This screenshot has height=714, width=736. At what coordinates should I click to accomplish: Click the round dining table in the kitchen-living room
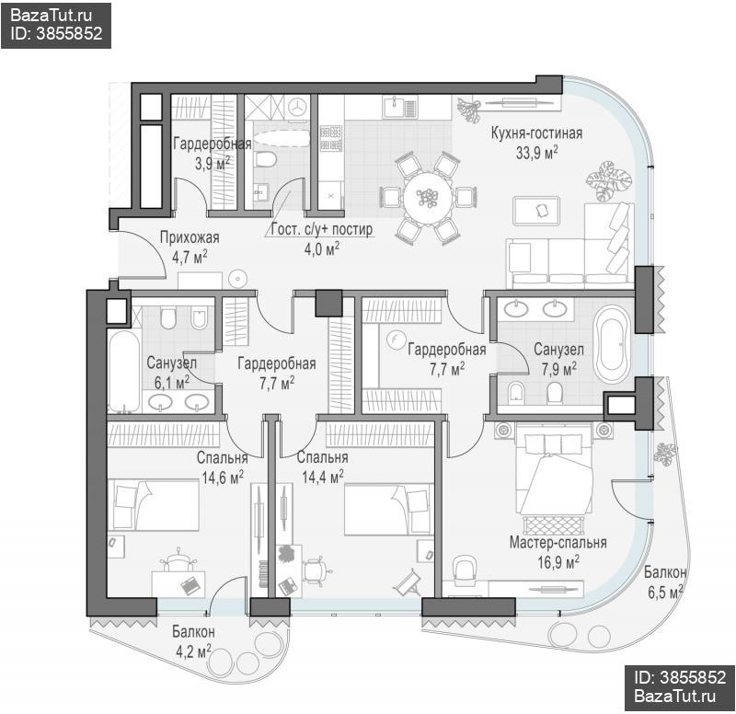click(428, 197)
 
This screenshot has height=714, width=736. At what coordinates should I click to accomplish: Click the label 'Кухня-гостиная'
click(536, 133)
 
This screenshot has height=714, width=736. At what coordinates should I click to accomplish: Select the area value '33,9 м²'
click(537, 153)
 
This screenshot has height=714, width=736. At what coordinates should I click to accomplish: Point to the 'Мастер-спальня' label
click(558, 543)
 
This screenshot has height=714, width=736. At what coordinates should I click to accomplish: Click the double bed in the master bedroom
click(555, 474)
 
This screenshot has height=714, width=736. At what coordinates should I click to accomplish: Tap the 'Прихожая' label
click(190, 237)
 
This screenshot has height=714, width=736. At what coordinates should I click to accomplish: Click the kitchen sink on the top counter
click(399, 107)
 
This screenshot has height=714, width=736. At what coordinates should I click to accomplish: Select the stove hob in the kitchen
click(330, 138)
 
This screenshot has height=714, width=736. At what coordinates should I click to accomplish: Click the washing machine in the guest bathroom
click(296, 108)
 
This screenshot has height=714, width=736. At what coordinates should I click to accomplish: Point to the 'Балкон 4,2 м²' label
click(193, 641)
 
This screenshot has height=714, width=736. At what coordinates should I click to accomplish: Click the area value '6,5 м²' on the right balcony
click(665, 593)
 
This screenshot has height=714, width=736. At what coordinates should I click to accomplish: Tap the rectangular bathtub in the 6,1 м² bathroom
click(124, 372)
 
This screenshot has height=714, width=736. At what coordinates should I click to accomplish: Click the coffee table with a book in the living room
click(536, 211)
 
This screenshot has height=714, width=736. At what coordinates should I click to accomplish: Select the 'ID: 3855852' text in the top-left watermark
click(56, 33)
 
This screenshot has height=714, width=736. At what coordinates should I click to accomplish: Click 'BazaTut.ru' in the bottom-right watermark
click(675, 696)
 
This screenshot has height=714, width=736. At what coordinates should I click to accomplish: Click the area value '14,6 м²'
click(223, 478)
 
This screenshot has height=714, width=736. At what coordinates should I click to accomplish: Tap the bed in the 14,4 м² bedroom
click(389, 510)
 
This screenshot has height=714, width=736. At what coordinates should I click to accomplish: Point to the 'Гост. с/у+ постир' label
click(322, 229)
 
